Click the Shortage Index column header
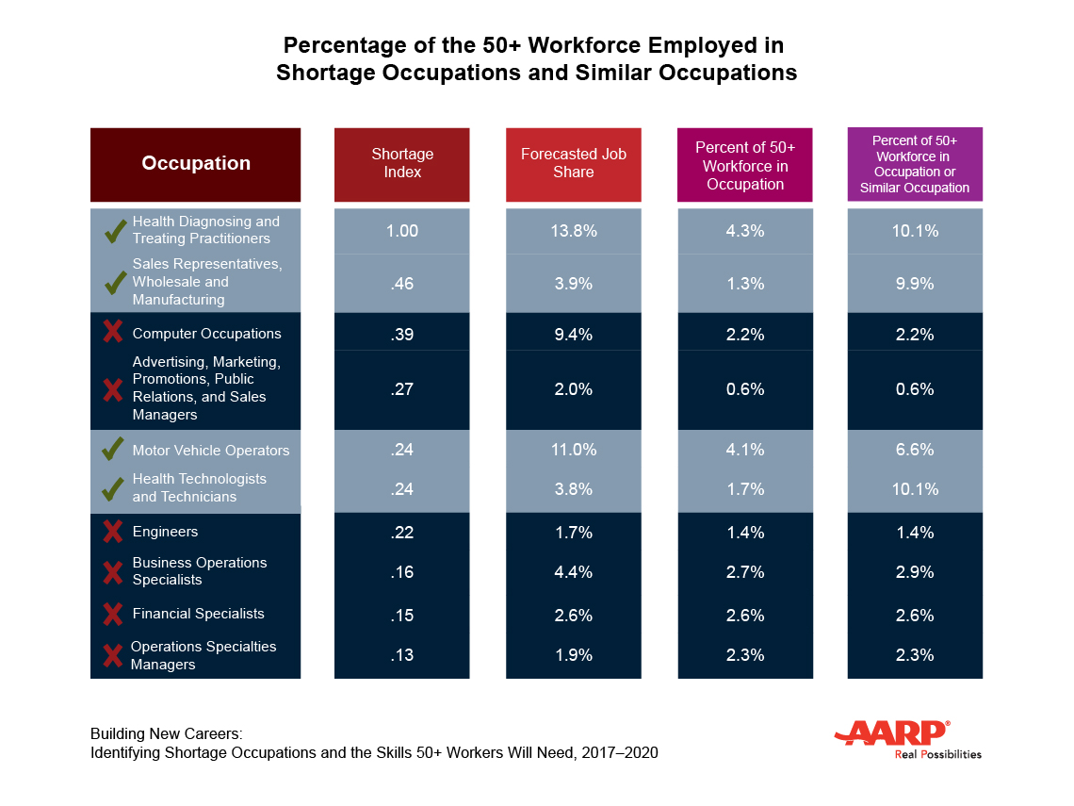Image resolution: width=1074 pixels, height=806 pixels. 402,164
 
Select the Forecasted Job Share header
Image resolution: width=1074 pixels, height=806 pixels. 573,164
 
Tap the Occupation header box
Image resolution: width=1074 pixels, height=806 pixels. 196,164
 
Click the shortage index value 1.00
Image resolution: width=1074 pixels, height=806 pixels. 402,231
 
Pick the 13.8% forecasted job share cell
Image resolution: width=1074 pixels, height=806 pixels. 573,231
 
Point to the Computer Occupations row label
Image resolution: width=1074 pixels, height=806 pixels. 206,334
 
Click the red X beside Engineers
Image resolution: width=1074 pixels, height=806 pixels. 113,532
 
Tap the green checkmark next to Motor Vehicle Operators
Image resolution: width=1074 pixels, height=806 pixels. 113,450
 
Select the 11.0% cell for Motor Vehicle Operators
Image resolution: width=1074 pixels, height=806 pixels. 573,450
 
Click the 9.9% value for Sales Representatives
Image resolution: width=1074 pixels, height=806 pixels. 915,283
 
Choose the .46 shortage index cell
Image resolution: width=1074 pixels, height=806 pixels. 402,283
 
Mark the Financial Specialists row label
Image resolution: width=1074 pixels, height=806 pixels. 198,614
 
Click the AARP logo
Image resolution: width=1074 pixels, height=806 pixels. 892,734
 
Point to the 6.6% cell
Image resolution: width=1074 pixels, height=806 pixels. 915,450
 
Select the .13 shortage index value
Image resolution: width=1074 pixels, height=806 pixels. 402,655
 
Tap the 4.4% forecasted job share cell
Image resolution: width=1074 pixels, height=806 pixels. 573,572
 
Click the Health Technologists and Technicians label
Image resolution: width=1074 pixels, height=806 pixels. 199,487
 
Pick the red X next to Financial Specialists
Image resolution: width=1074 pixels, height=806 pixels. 113,615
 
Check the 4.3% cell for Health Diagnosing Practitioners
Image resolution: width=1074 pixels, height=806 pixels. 744,231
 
